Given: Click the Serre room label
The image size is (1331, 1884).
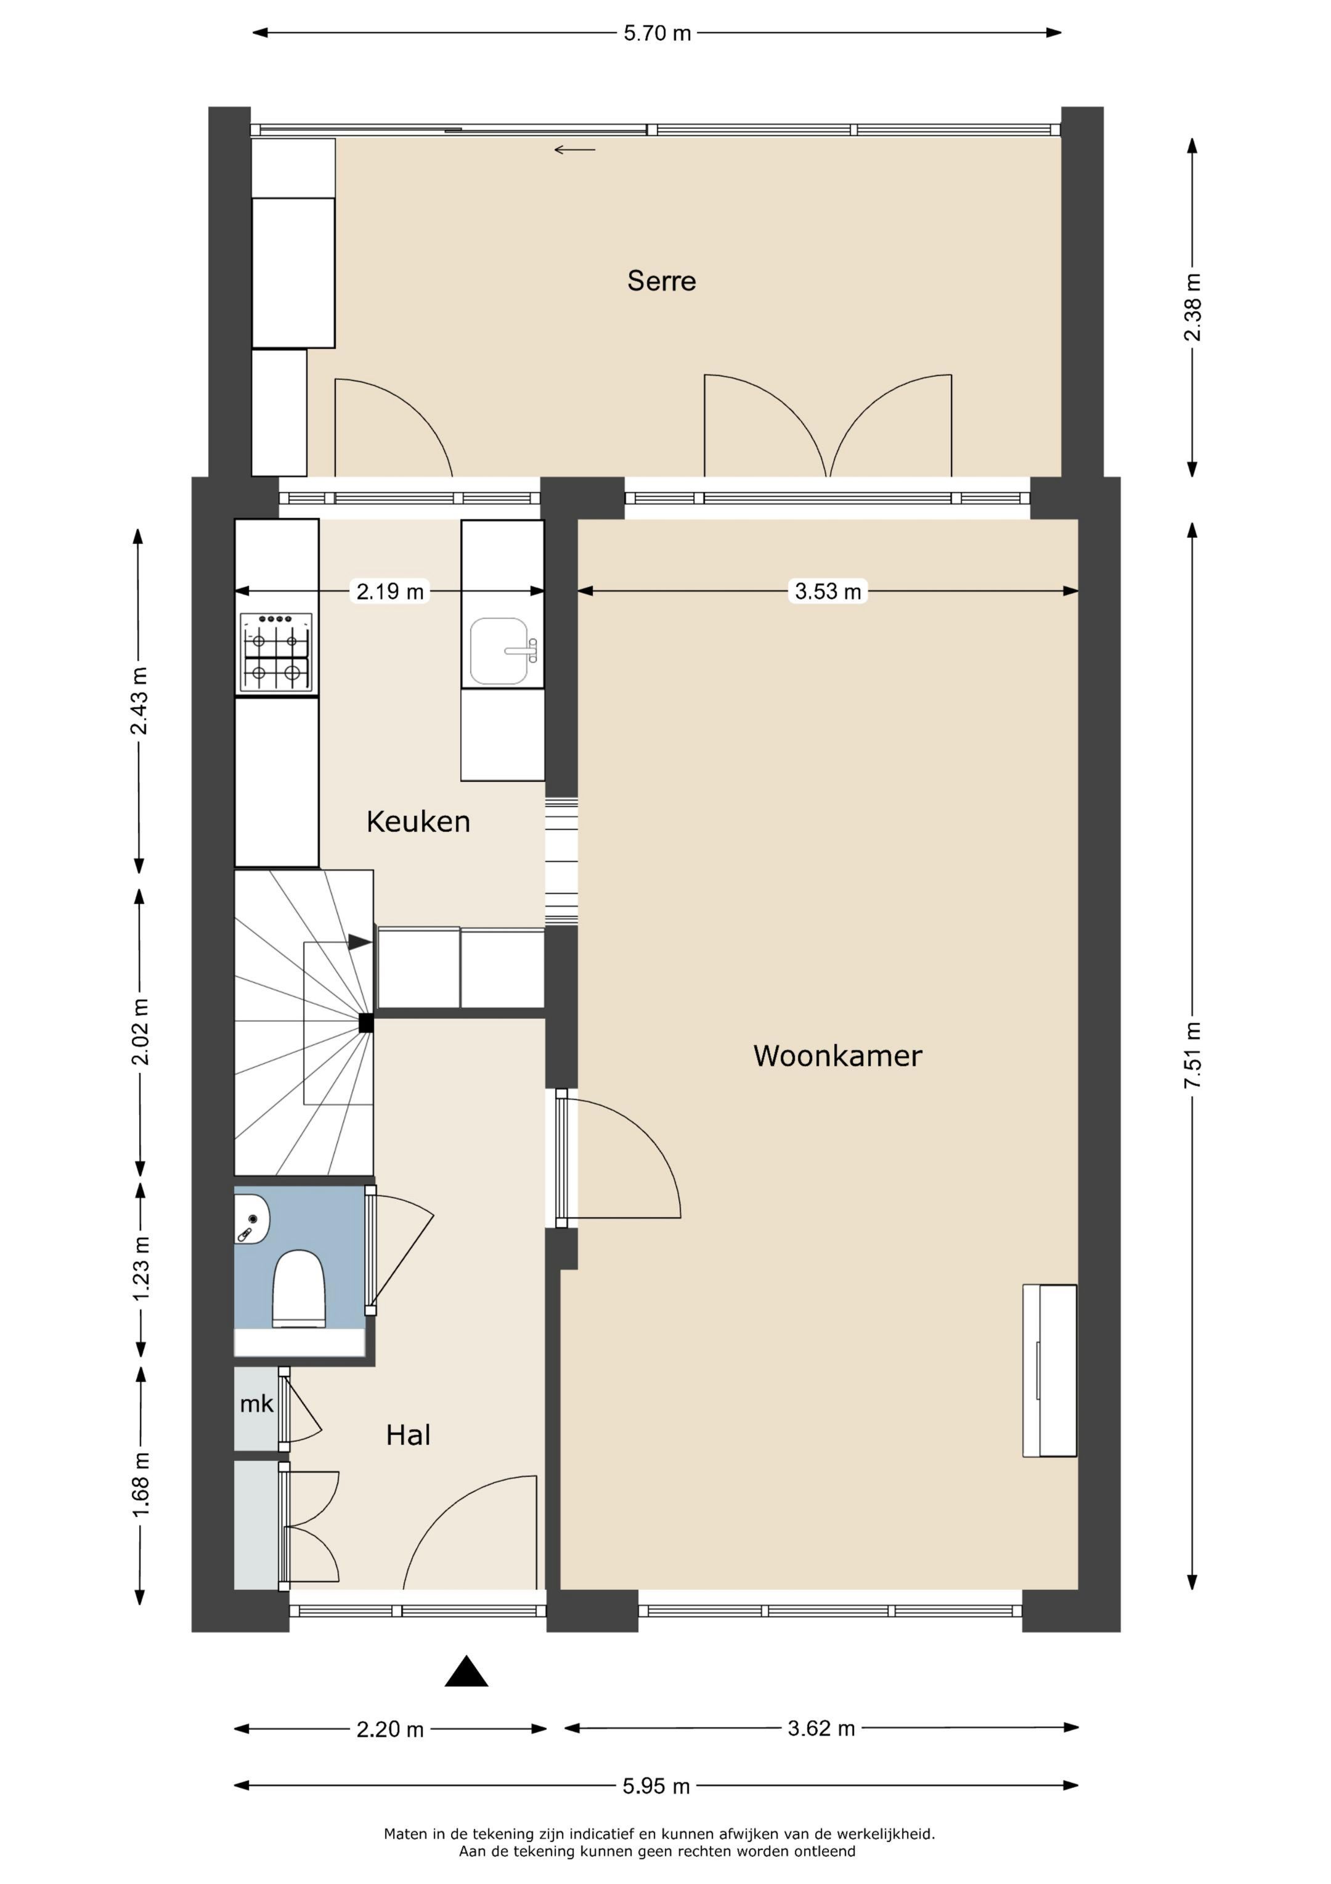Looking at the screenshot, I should pos(661,281).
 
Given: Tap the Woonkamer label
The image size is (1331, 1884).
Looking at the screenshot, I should pos(837,1055).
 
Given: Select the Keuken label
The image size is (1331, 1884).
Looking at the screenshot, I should pos(418,821).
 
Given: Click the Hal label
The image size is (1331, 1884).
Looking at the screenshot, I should pos(409,1435).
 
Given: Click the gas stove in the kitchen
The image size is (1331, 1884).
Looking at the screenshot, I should pos(277,653).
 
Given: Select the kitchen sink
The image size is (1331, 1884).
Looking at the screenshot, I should pos(499,651).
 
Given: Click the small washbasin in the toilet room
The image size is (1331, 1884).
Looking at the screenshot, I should pos(250,1219).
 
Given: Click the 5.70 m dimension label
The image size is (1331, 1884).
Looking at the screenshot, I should pos(657,34).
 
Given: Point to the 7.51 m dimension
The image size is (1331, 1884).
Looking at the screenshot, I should pos(1192,1055).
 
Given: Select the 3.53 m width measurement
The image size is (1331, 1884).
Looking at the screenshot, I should pos(828,591).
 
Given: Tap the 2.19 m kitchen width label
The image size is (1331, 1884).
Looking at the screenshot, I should pos(390,591).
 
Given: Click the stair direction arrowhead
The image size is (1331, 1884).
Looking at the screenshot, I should pos(359,942).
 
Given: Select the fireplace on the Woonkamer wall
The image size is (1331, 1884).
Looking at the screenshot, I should pos(1050,1370).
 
